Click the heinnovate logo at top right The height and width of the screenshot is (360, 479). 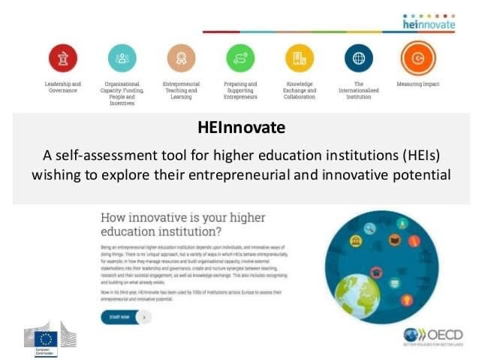tap(429, 22)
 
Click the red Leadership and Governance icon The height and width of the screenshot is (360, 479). tap(63, 58)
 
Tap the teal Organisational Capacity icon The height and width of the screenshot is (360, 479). tap(122, 58)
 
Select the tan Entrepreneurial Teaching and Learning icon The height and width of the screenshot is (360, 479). tap(181, 58)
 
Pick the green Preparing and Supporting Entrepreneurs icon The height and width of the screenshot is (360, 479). tap(240, 58)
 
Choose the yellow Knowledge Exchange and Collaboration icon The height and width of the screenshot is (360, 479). tap(299, 58)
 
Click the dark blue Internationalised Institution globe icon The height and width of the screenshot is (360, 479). tap(358, 58)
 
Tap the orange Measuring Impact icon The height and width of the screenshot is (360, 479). tap(417, 58)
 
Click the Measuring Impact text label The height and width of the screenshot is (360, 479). tap(418, 83)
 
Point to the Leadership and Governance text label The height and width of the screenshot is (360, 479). tap(63, 87)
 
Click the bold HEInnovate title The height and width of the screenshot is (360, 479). tap(239, 128)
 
